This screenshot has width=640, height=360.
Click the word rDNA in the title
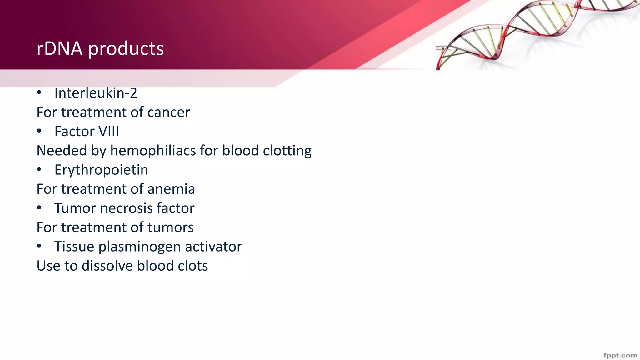point(59,49)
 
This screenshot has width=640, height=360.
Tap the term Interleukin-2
point(96,93)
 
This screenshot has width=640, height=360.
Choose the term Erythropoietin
point(101,170)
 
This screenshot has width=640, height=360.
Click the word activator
point(213,247)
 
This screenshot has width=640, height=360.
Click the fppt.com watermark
point(620,356)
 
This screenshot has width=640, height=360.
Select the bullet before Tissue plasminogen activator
point(39,247)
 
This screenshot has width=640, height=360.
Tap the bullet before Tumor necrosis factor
point(39,208)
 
